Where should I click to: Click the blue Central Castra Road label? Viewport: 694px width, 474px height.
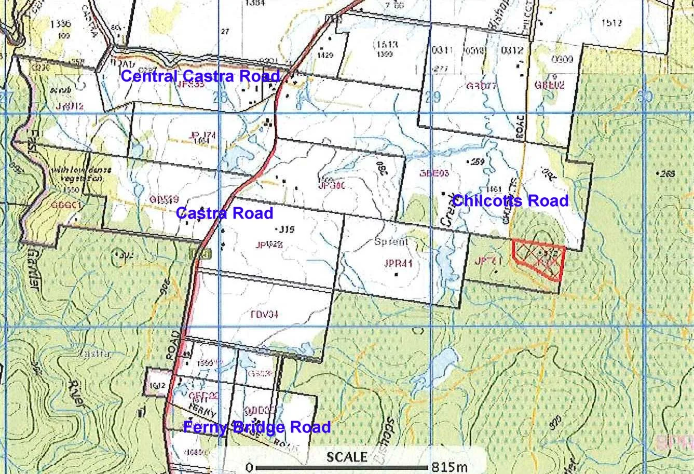[200, 76]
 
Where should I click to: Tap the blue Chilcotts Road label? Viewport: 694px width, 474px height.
[510, 200]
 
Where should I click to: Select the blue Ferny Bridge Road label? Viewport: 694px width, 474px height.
[257, 427]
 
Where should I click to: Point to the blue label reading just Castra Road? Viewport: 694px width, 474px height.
[224, 213]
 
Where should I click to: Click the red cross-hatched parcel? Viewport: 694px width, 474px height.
[539, 259]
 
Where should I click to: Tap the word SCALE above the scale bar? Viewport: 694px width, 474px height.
[347, 457]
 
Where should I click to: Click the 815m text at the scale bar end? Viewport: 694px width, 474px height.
[450, 467]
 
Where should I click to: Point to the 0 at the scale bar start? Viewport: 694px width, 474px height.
[250, 467]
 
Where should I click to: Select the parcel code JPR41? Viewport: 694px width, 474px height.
[398, 263]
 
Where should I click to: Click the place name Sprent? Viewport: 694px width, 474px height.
[391, 241]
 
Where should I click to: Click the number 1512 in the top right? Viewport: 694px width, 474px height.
[611, 22]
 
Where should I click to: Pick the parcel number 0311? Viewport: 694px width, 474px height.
[443, 50]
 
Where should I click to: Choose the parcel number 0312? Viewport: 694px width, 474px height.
[512, 50]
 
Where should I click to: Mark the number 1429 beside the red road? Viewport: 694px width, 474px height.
[325, 55]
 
